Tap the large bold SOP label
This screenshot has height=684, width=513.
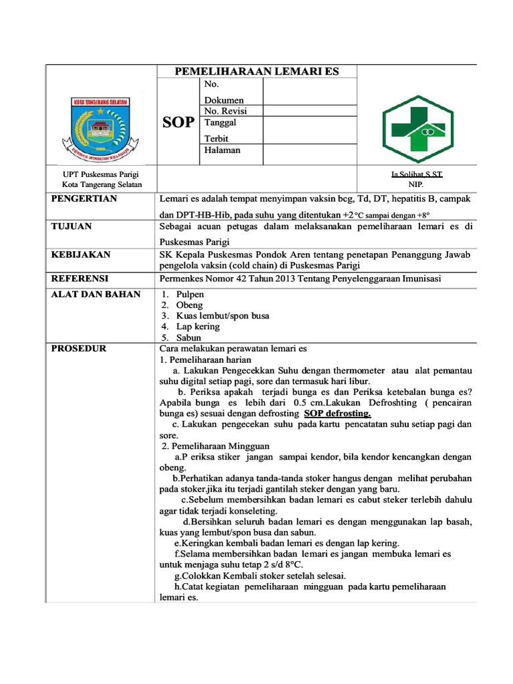coord(178,122)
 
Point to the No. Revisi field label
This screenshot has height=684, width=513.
coord(225,111)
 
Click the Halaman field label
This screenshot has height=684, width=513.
coord(222,150)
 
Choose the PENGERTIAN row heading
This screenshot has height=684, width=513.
coord(84,199)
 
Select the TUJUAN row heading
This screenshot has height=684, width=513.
coord(71,227)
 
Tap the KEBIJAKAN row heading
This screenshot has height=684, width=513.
coord(81,255)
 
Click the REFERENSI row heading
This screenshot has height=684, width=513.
coord(79,278)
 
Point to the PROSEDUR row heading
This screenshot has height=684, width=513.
coord(79,349)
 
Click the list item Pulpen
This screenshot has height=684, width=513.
coord(190,295)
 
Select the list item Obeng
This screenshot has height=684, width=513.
coord(189,305)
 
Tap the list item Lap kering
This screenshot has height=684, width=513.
coord(198,327)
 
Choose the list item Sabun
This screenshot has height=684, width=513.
coord(188,338)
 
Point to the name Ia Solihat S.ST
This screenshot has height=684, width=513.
coord(417,174)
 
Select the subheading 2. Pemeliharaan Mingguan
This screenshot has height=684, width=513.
coord(212,446)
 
